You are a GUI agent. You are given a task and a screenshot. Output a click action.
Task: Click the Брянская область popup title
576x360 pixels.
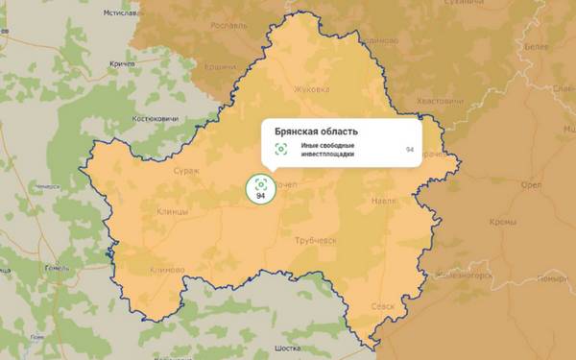(x=317, y=131)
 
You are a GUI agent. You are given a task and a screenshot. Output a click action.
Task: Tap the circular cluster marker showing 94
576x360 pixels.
(x=259, y=187)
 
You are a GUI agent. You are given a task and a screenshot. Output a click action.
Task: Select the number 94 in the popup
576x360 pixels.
(x=410, y=150)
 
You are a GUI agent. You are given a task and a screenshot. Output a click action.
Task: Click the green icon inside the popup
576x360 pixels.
(x=281, y=149)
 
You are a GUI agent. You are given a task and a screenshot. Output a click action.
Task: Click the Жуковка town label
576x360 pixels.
(x=311, y=89)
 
